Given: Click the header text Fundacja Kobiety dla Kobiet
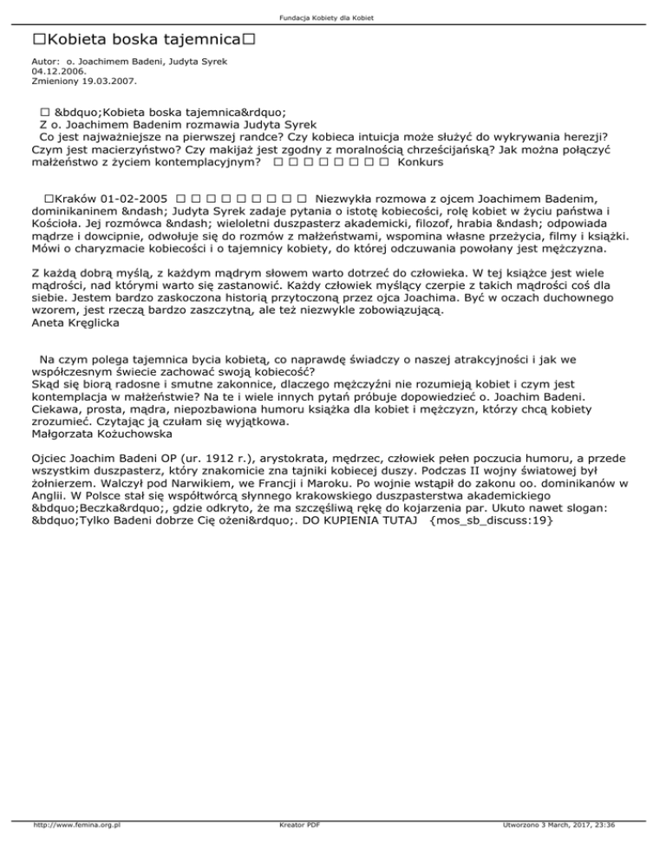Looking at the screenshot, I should (x=333, y=18).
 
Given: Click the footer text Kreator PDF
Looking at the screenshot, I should (x=296, y=850).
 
